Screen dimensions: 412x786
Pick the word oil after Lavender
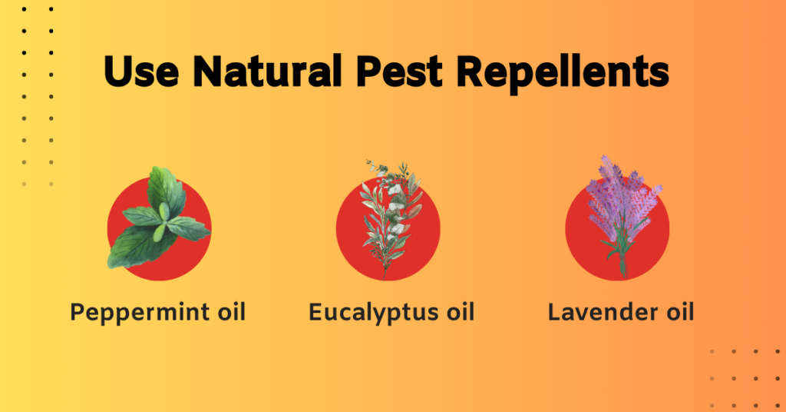(675, 312)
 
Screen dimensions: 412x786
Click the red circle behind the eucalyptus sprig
(353, 246)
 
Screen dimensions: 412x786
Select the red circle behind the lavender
(652, 246)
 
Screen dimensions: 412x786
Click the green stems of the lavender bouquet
(621, 257)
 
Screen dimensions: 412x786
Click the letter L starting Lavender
(554, 312)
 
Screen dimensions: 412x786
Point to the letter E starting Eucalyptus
(315, 312)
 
